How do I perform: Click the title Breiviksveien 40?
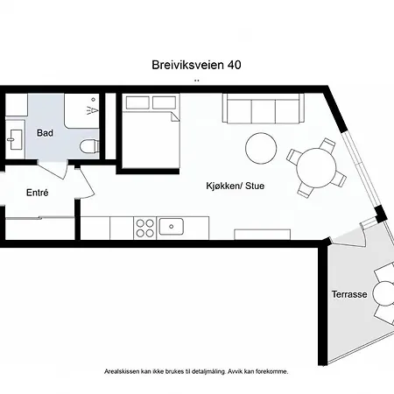pos(196,65)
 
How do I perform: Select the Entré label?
pos(37,192)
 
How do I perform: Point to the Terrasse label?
pos(349,294)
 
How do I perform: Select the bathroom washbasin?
pos(15,138)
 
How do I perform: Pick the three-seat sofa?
pos(263,111)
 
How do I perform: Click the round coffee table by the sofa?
pos(261,147)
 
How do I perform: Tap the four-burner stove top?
pos(145,227)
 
